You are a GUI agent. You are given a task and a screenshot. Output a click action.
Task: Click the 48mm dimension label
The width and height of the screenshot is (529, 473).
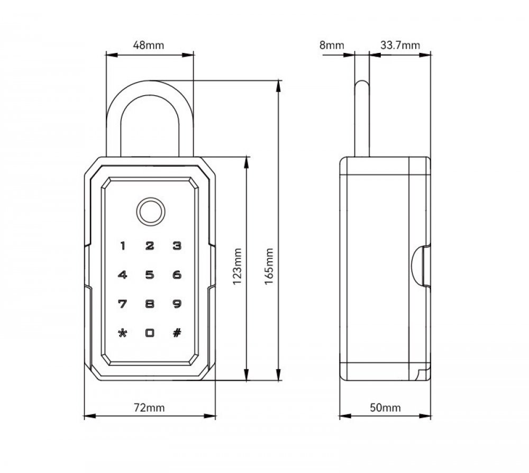(x=149, y=45)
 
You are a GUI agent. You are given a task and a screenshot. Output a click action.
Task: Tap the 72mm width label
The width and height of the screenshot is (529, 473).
(x=149, y=407)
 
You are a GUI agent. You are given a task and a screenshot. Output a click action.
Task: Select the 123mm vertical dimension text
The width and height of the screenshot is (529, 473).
(x=238, y=266)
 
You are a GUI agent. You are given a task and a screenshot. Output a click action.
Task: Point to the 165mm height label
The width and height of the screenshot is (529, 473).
(x=269, y=266)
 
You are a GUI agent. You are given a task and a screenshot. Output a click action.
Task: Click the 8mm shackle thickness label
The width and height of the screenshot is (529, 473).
(x=332, y=45)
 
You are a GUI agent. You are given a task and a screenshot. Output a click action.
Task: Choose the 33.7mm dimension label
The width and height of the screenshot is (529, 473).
(x=400, y=45)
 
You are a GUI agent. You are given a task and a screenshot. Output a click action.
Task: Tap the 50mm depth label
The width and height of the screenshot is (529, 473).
(x=385, y=407)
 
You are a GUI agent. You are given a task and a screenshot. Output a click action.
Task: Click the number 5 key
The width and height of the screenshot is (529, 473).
(x=150, y=275)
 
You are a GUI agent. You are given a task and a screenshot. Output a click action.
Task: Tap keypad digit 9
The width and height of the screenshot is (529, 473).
(x=177, y=304)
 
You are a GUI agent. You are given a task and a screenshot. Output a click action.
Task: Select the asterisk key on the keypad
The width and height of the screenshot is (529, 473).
(x=123, y=333)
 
